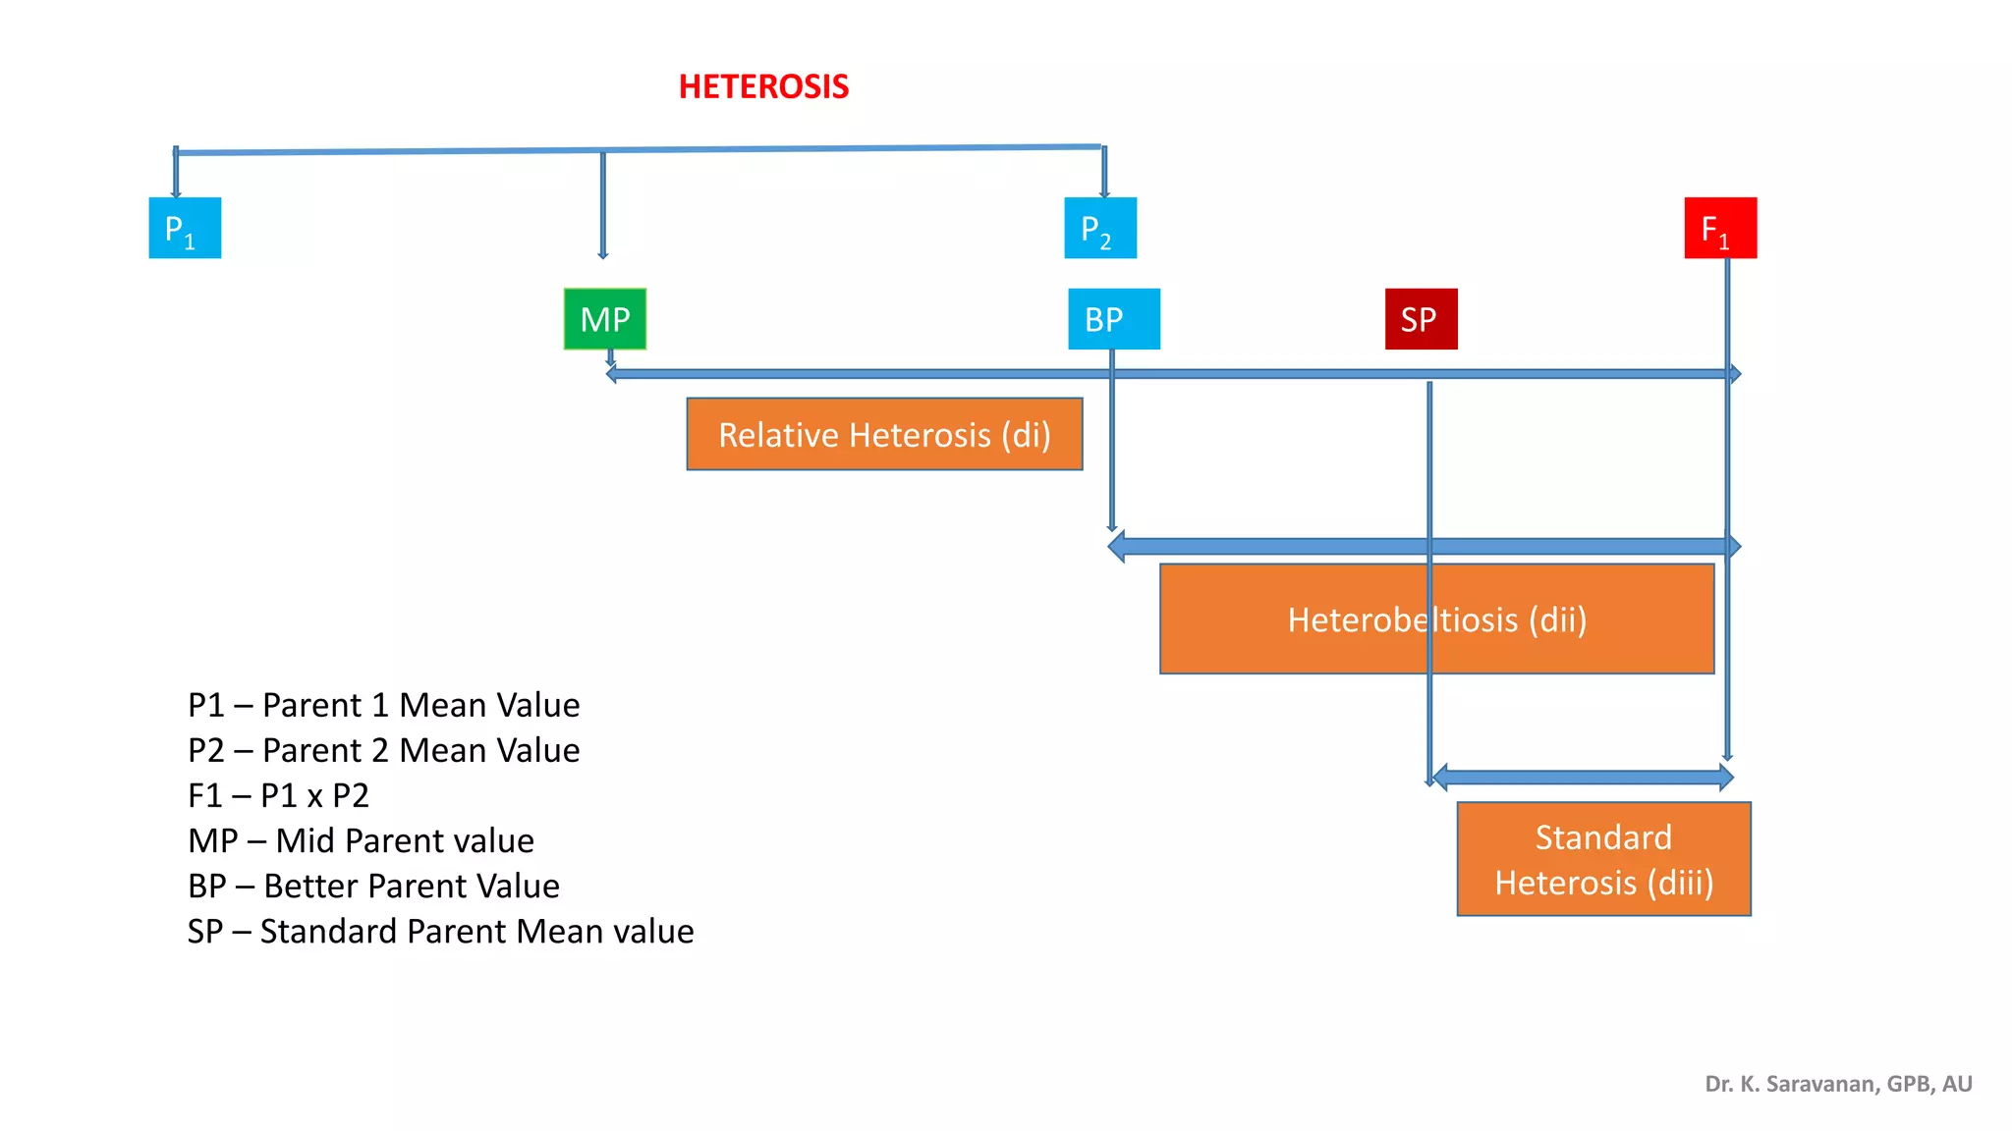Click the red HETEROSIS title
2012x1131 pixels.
pos(763,86)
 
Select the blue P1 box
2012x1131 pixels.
pos(185,228)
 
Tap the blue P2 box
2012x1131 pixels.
pos(1100,228)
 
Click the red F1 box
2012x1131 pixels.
pos(1720,228)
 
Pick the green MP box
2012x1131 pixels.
pos(605,319)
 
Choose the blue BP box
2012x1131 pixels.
pos(1114,319)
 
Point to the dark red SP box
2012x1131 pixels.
pos(1421,319)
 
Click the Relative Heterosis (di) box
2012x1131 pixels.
pos(884,434)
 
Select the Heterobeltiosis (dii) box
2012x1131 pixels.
pos(1436,619)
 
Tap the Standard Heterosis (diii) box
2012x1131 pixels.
pos(1603,859)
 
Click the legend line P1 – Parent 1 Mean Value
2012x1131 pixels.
pos(383,705)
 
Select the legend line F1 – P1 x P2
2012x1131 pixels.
pos(278,795)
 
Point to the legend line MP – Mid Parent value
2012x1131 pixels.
pos(361,840)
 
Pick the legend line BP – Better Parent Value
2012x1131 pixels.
pos(373,886)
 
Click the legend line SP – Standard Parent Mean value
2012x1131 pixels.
pos(440,931)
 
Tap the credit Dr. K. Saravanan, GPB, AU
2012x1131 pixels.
pos(1838,1084)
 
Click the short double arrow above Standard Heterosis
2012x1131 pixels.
pos(1583,778)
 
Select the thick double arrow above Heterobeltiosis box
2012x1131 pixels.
pos(1277,546)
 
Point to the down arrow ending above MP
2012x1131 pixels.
pos(603,206)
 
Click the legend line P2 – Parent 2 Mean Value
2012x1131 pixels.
pos(383,750)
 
